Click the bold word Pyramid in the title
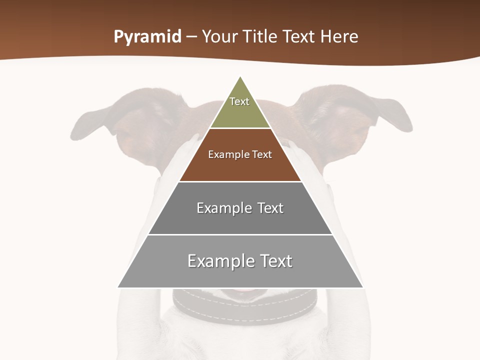click(x=147, y=37)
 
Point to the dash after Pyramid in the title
click(x=191, y=37)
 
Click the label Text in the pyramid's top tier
click(x=239, y=101)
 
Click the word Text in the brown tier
click(x=261, y=154)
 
